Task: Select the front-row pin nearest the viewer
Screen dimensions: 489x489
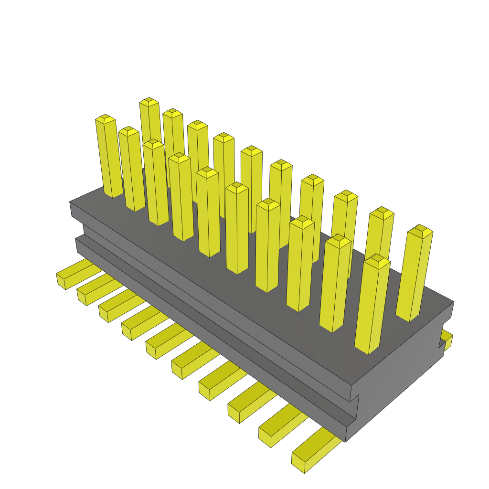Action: click(372, 306)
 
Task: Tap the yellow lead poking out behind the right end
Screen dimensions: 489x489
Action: click(447, 340)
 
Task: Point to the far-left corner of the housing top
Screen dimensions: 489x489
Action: click(70, 202)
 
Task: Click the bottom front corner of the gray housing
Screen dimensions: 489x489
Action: click(345, 440)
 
